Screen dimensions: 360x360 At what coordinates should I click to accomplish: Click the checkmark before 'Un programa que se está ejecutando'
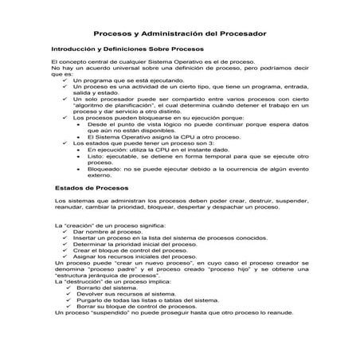pyautogui.click(x=65, y=80)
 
